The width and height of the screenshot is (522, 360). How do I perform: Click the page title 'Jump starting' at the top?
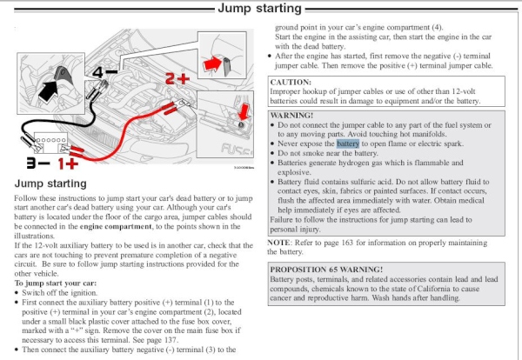tap(260, 10)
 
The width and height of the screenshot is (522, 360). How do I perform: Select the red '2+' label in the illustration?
tap(178, 79)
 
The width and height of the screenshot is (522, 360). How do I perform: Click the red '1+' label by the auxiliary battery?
tap(69, 163)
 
